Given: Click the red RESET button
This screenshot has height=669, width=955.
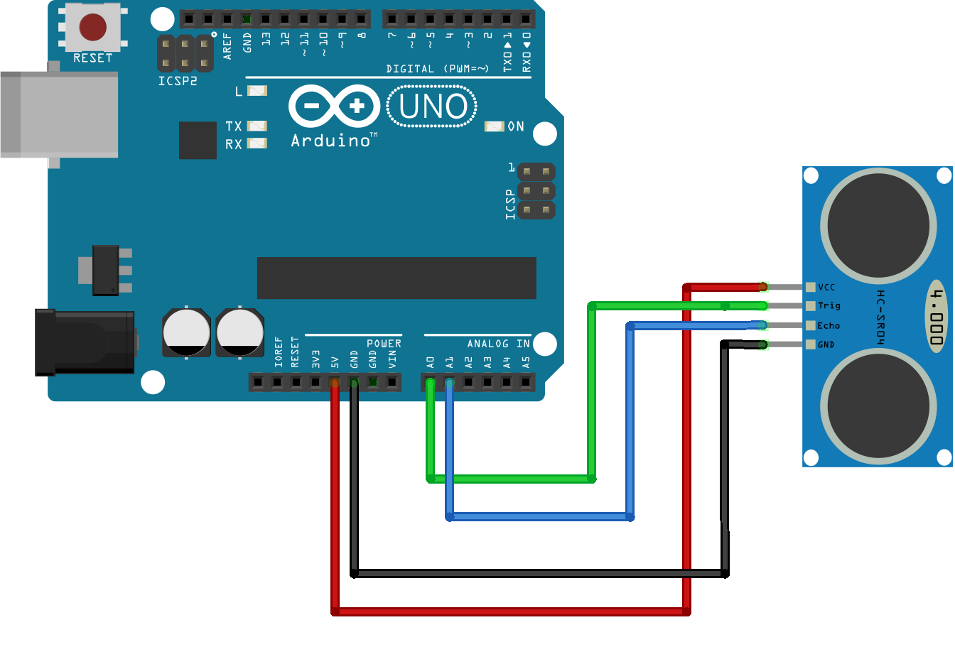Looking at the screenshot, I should pos(92,27).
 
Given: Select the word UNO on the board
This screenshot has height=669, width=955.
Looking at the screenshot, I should pos(432,107).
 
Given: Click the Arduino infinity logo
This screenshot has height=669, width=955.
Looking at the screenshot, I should pos(335,107).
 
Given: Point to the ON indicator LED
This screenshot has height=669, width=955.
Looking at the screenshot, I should pos(494,126).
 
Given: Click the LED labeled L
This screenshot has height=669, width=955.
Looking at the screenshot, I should pos(257,91).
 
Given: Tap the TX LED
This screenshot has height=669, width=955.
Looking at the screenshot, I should pos(257,126).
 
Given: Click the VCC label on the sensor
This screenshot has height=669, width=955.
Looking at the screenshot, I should pos(826,288).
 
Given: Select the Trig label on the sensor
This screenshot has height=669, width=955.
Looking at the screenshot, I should pos(829,306).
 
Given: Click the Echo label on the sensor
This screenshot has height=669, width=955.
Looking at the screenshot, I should pos(829,326).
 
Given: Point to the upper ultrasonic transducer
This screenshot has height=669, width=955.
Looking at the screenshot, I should pos(878,225).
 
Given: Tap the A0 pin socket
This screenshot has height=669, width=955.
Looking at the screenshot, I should pos(430,383).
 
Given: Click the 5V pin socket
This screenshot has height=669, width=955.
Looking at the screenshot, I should pos(335,383).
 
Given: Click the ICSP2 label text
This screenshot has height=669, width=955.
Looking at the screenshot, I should pos(178,81).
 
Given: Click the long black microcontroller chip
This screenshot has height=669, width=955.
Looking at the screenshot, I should pos(396,278).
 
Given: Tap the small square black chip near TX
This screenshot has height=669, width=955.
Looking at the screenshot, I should pos(198,140).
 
